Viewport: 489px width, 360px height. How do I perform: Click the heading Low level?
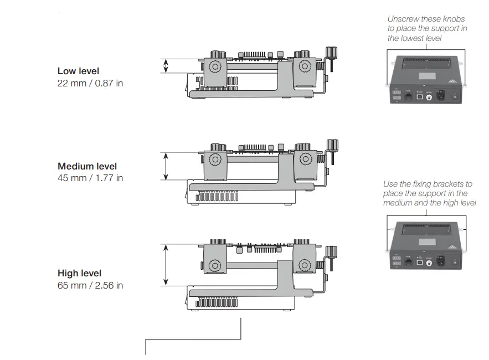click(78, 71)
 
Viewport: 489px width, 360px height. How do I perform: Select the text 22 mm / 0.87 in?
click(90, 83)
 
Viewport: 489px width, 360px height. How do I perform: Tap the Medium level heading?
click(87, 166)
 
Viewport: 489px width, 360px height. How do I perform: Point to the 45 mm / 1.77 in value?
click(90, 178)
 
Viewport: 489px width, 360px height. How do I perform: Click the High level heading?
click(80, 273)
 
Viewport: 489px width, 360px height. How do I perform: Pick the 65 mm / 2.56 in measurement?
click(90, 285)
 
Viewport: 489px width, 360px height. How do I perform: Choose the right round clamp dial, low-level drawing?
click(304, 66)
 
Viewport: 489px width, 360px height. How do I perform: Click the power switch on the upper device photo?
click(455, 95)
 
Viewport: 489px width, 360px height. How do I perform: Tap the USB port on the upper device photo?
click(419, 96)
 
